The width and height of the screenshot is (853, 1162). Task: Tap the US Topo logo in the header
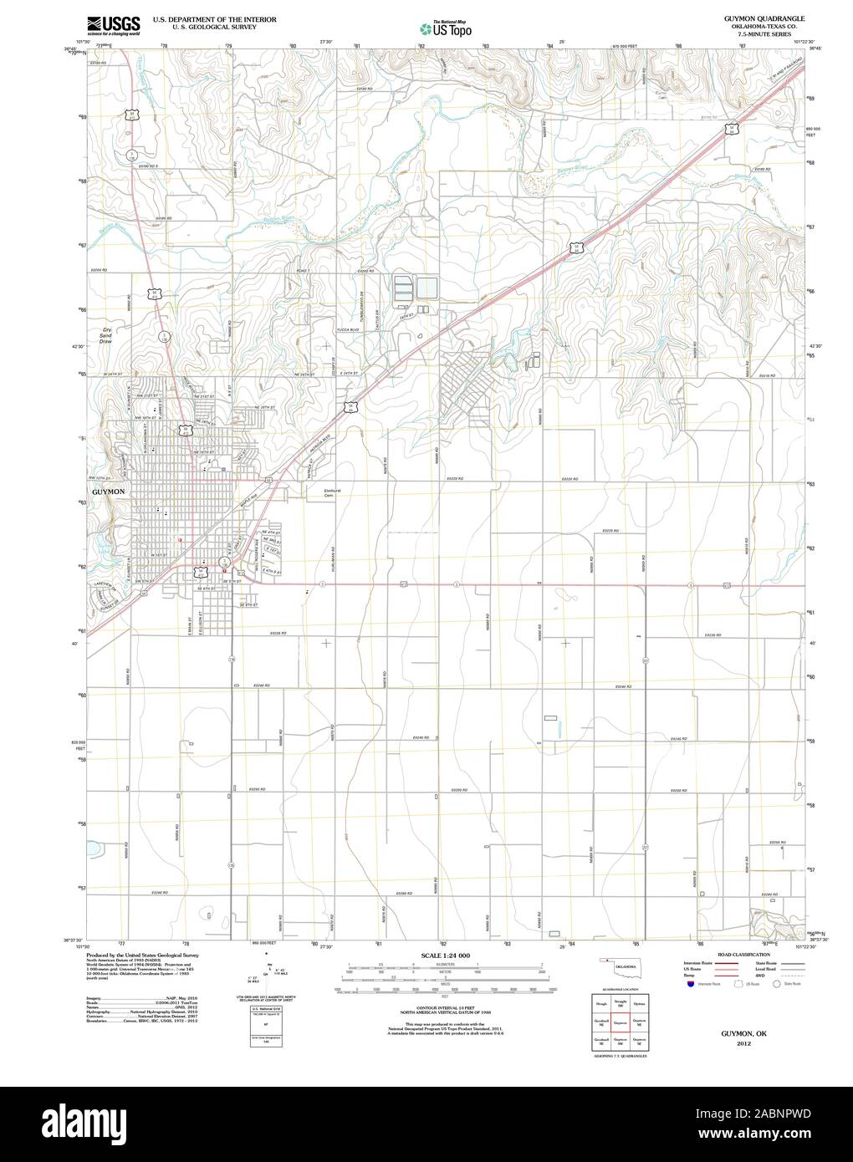pos(446,28)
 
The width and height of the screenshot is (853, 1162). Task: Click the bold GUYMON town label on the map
pos(108,492)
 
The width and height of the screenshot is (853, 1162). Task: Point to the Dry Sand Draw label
pos(105,336)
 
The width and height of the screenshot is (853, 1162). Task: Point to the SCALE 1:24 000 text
pos(446,955)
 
